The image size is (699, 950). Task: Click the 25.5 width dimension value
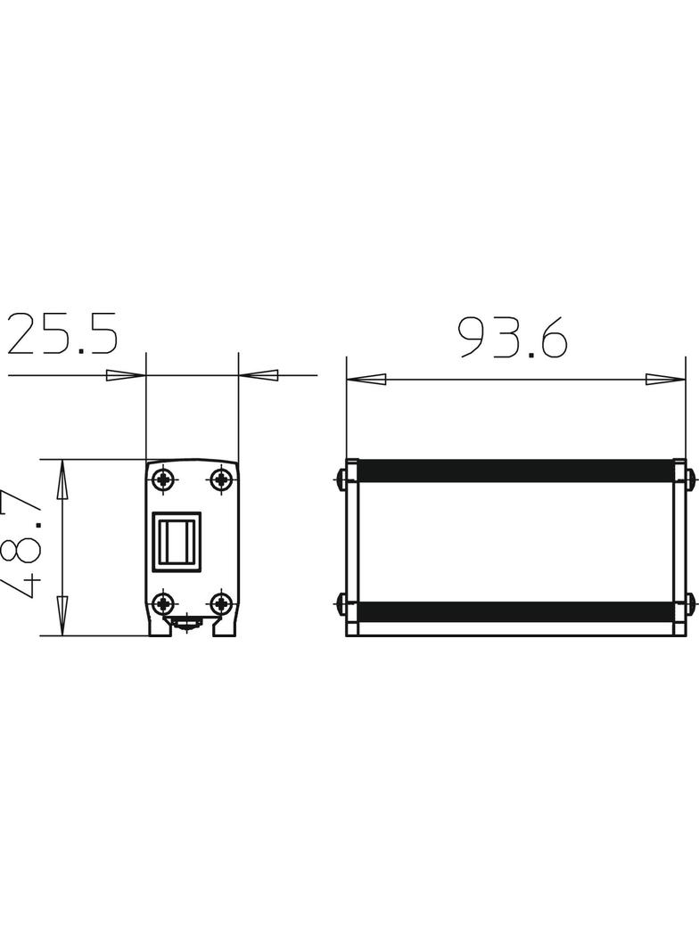(62, 334)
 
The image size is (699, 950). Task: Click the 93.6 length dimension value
(513, 338)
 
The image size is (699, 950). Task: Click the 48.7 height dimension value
(23, 545)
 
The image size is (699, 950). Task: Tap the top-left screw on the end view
(163, 479)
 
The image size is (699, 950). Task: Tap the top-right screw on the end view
(221, 479)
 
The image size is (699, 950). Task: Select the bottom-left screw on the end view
(163, 604)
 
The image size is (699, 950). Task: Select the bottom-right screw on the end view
(221, 604)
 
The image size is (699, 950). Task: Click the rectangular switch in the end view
(177, 541)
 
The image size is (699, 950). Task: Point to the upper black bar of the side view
(515, 471)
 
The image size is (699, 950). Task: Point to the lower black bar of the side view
(515, 611)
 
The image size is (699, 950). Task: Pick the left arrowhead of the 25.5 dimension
(126, 375)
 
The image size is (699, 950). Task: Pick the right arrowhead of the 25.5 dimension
(259, 375)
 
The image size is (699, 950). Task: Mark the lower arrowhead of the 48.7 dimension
(62, 616)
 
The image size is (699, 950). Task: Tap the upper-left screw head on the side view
(341, 479)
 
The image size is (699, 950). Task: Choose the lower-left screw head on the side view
(341, 605)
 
